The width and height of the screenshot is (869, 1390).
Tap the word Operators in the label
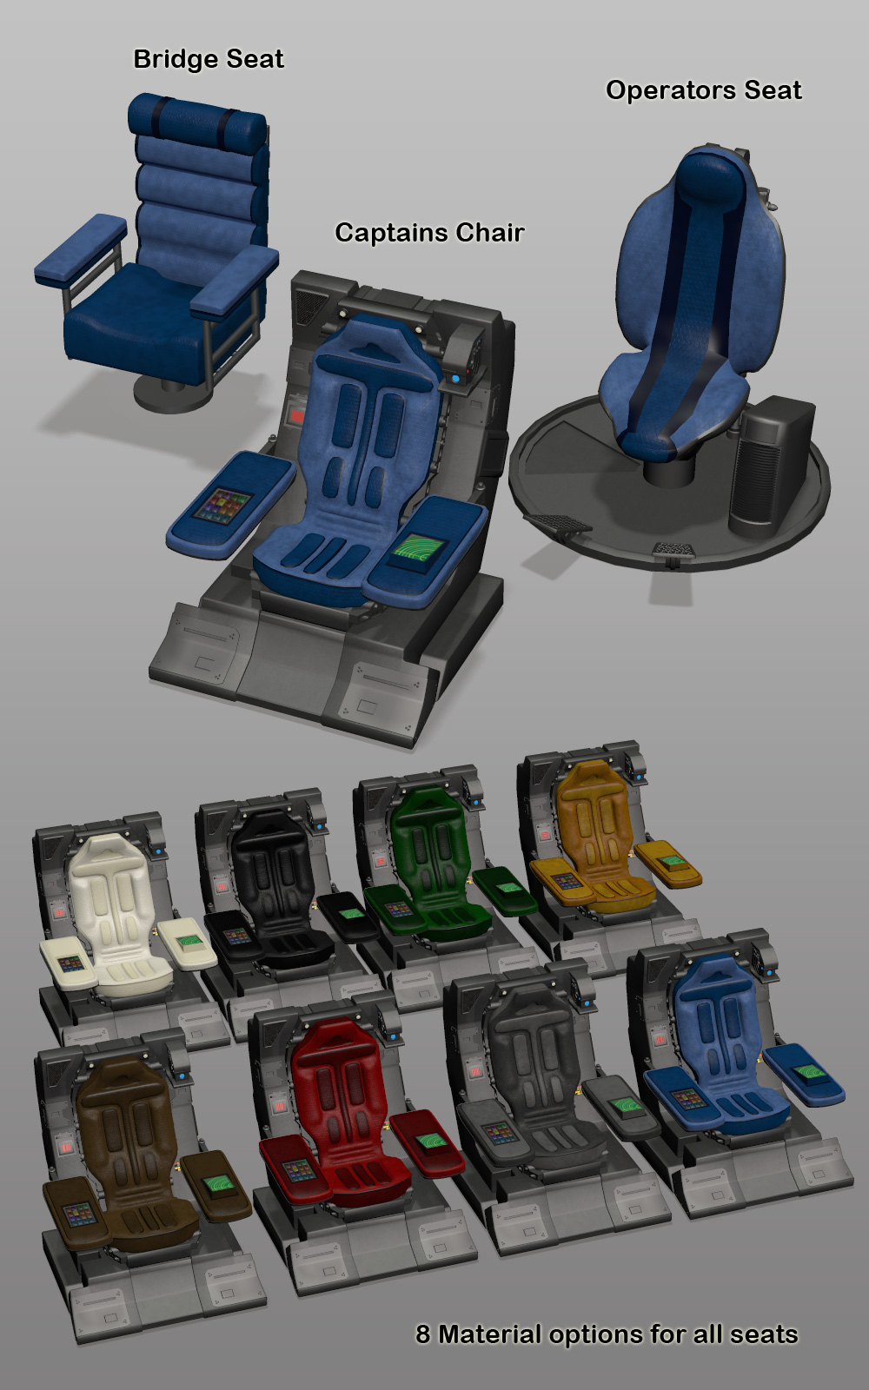click(673, 91)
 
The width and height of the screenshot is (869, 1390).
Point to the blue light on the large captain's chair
click(456, 377)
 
